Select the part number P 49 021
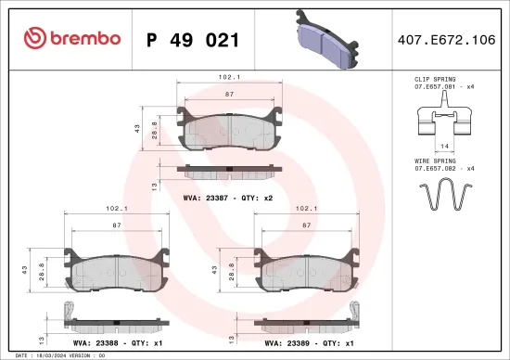[x=194, y=40]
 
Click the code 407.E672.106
[x=445, y=40]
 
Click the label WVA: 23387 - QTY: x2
[x=227, y=198]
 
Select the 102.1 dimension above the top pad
[x=228, y=78]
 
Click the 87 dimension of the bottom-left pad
[x=114, y=225]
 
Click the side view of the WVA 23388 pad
[x=114, y=320]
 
